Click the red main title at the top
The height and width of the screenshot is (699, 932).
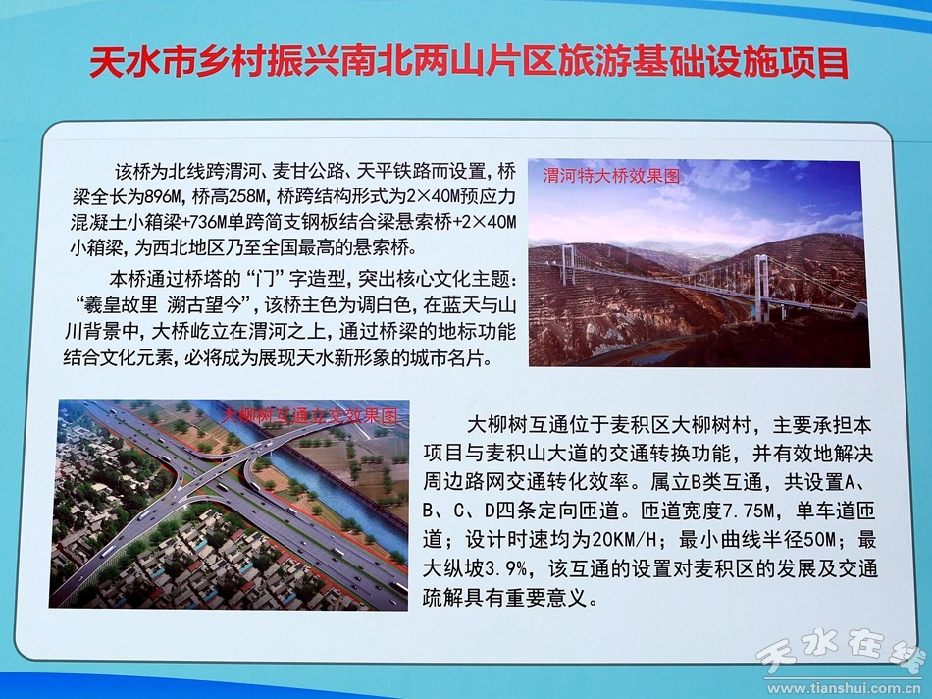click(469, 62)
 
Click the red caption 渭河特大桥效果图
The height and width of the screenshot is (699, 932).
click(611, 176)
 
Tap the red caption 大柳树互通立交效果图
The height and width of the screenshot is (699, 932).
click(309, 414)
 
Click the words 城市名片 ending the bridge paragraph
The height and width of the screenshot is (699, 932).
click(454, 357)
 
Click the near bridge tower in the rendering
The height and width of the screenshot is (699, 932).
click(761, 288)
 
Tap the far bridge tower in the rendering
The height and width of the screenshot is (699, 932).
click(568, 264)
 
